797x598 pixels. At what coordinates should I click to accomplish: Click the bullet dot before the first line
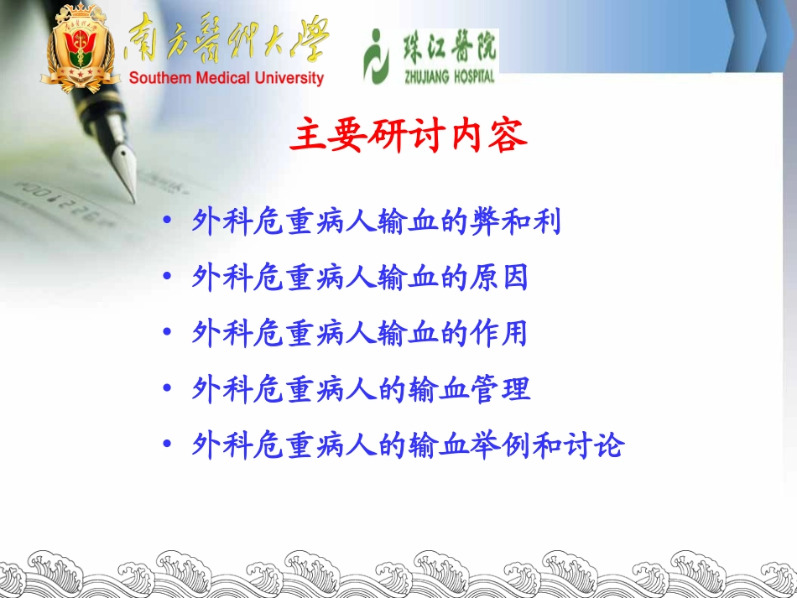pos(168,222)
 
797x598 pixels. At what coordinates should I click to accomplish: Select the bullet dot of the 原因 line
pos(168,278)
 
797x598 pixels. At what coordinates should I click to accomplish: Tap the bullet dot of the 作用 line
pos(168,335)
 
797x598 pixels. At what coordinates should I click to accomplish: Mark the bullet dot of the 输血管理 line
pos(168,390)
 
